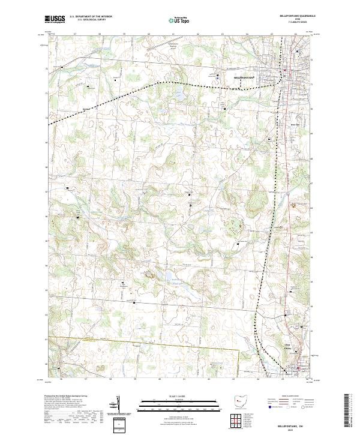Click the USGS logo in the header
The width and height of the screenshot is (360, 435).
click(55, 19)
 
